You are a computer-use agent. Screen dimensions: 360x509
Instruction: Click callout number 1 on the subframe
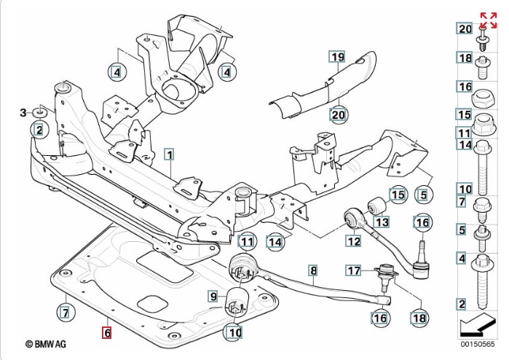169,154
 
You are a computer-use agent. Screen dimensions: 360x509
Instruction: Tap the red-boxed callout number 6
106,333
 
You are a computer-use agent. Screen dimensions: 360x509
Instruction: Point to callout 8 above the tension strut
313,271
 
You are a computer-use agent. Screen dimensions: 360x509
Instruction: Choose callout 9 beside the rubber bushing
213,296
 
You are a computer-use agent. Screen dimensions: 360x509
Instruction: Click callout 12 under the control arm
354,241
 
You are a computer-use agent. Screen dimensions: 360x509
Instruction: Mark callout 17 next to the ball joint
353,271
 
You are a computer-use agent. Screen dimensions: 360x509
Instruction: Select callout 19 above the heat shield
336,57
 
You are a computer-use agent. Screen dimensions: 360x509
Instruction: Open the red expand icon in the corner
488,20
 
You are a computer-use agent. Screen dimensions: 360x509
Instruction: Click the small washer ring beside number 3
41,111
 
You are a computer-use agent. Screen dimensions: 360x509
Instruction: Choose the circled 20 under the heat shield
338,114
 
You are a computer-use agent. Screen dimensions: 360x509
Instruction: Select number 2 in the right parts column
462,304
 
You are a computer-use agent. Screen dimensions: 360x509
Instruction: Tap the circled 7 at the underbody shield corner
66,313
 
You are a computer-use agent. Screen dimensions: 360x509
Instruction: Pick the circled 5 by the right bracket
422,195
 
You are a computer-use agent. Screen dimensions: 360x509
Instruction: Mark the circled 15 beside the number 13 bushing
398,195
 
